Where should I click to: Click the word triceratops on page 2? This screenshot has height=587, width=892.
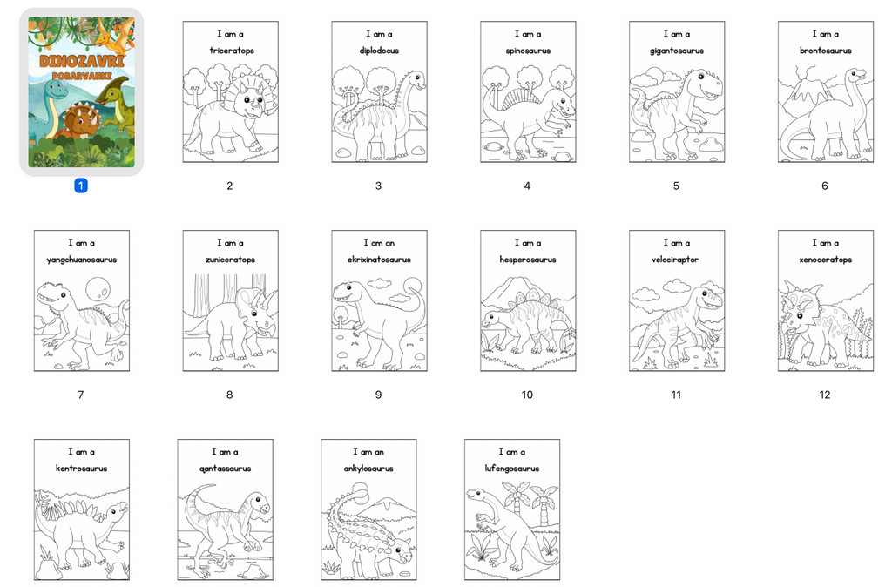point(231,51)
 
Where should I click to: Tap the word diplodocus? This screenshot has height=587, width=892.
point(379,51)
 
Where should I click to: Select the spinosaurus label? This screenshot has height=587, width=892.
point(528,51)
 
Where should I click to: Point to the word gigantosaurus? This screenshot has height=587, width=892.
point(676,51)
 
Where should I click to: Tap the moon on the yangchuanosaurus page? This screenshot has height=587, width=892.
point(98,289)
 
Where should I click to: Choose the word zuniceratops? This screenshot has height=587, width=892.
point(230,260)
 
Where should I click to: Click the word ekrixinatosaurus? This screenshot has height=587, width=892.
point(379,260)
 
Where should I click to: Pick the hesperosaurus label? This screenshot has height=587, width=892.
point(528,260)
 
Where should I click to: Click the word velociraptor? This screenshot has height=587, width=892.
point(675,260)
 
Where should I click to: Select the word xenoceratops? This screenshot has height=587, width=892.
point(826,260)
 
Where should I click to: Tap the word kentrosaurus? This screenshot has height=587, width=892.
point(81,469)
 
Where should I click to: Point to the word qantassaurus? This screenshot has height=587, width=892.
point(225,469)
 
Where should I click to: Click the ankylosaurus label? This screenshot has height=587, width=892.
point(368,469)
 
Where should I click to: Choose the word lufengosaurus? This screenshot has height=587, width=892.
point(512,469)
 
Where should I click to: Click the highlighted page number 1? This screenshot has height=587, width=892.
point(81,186)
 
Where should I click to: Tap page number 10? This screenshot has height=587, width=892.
point(527,395)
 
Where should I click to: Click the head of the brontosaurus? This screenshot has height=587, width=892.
point(856,76)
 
